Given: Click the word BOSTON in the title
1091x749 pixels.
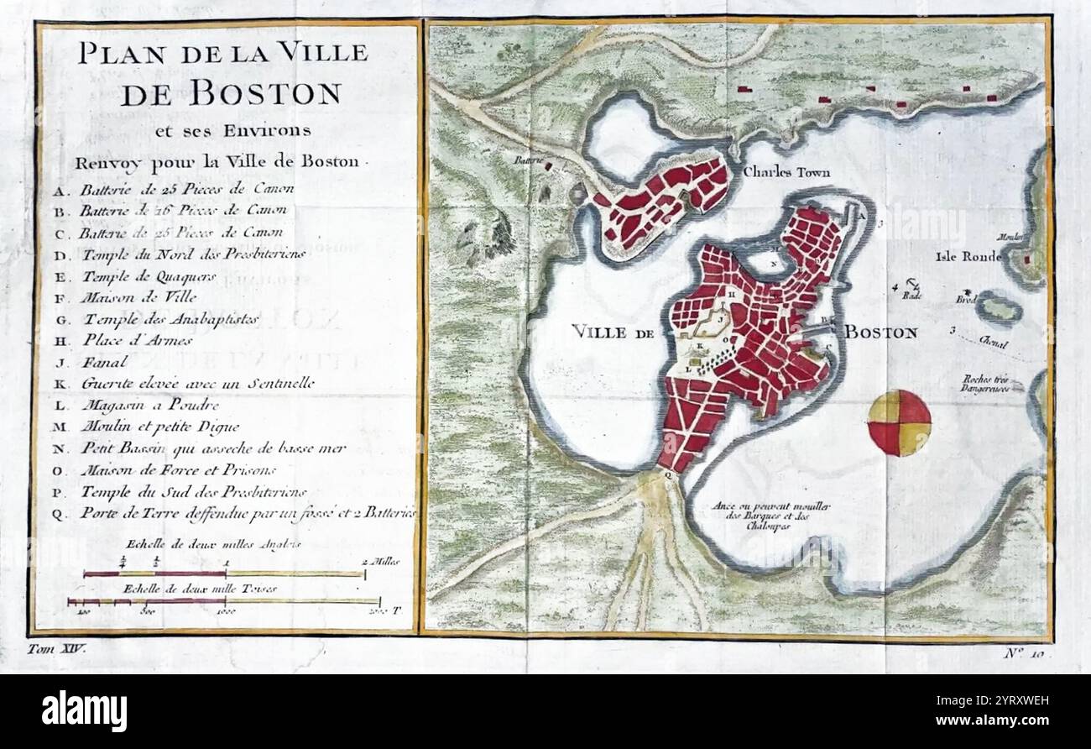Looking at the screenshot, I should pos(231,93).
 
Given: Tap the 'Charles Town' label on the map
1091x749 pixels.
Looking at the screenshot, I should pos(786,172).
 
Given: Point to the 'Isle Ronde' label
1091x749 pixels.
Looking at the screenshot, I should pos(968,257).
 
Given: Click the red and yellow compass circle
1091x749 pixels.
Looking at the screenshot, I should pos(899,422).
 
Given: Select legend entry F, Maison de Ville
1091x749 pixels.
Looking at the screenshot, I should pos(138,296).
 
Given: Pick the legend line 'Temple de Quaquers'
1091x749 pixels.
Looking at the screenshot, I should pos(149,275).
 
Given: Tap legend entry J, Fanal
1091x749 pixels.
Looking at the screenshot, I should pos(105,362).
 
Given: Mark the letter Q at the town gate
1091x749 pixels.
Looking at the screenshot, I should pos(668,475).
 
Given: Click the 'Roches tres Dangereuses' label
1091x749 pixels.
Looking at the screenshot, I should pos(993,384).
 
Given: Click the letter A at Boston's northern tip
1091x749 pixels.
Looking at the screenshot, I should pos(861,214).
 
